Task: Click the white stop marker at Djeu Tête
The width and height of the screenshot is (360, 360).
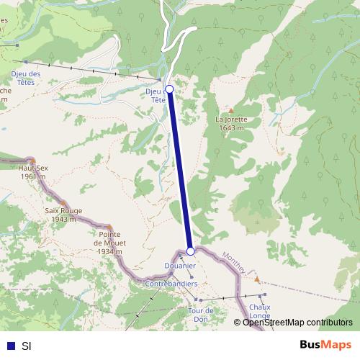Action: tap(169, 89)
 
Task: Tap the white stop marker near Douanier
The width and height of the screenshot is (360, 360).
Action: tap(190, 251)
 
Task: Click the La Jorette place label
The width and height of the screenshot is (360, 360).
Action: tap(231, 123)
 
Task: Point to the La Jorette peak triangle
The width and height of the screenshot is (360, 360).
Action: tap(231, 110)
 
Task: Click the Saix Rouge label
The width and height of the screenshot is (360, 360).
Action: tap(63, 215)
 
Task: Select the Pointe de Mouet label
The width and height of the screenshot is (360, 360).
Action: tap(109, 243)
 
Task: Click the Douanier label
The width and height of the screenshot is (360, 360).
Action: tap(179, 266)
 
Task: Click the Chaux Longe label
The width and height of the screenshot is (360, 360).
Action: tap(259, 311)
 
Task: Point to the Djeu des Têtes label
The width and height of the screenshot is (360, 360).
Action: tap(25, 78)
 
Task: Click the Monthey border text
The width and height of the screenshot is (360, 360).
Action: tap(233, 264)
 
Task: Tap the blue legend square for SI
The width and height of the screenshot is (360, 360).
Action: tap(10, 345)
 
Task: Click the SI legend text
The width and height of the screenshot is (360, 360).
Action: tap(27, 345)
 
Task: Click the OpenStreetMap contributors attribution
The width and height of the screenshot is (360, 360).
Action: tap(297, 322)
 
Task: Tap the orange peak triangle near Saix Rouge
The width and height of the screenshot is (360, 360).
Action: tap(63, 203)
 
